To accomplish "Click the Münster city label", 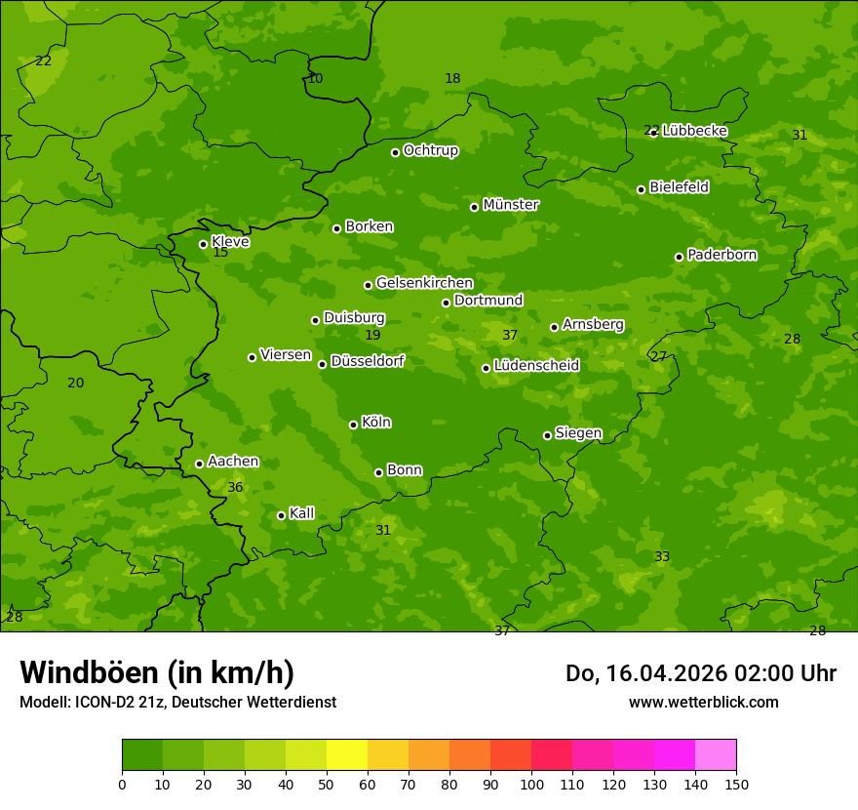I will pyautogui.click(x=510, y=205).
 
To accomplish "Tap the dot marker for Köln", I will pyautogui.click(x=353, y=425).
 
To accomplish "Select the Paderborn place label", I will pyautogui.click(x=721, y=255).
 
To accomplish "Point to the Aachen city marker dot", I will pyautogui.click(x=199, y=464).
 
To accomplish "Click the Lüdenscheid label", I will pyautogui.click(x=536, y=366).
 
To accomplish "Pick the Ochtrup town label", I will pyautogui.click(x=430, y=150).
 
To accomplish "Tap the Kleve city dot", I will pyautogui.click(x=203, y=244).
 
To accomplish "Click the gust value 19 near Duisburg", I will pyautogui.click(x=372, y=335).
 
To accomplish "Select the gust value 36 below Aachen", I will pyautogui.click(x=235, y=487).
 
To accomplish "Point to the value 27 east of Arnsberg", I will pyautogui.click(x=659, y=356).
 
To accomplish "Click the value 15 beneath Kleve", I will pyautogui.click(x=220, y=252).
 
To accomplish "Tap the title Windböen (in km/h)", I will pyautogui.click(x=157, y=672).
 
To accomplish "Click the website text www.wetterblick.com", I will pyautogui.click(x=703, y=702).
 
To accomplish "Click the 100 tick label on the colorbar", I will pyautogui.click(x=531, y=784).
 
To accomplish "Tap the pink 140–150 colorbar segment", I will pyautogui.click(x=716, y=755).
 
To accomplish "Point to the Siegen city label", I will pyautogui.click(x=578, y=433).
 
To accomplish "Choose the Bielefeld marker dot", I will pyautogui.click(x=641, y=189).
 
